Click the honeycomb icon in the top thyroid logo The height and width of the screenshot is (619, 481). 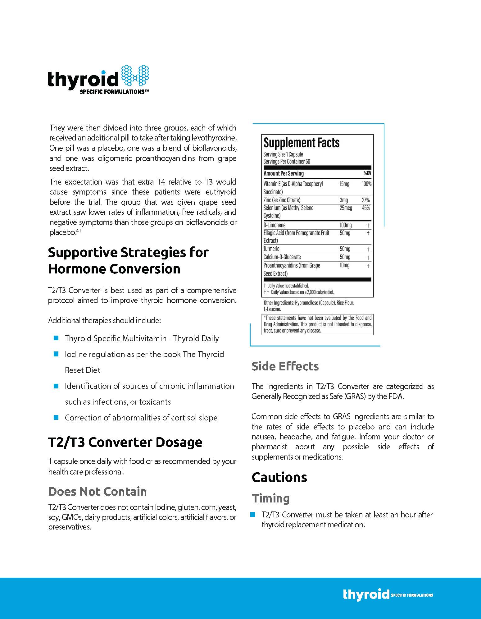click(x=135, y=75)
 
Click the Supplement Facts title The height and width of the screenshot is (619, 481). click(x=301, y=143)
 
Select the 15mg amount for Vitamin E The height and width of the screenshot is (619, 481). click(x=344, y=184)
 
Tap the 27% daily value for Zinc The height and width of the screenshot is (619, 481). click(x=366, y=200)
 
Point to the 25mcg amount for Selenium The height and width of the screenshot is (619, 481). click(x=346, y=208)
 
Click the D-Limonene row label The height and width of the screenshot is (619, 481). click(x=274, y=225)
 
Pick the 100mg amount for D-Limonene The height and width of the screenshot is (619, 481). click(x=346, y=225)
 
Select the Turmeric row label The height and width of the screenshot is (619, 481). click(x=271, y=249)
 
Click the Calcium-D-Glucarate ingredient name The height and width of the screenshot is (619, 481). click(x=282, y=257)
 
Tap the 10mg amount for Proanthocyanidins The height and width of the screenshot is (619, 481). click(x=344, y=265)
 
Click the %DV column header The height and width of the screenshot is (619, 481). click(x=367, y=173)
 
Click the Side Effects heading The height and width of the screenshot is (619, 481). click(x=285, y=366)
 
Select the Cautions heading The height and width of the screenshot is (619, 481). click(x=279, y=478)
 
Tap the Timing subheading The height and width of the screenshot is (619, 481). click(x=270, y=498)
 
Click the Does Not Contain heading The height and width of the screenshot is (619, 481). click(x=98, y=492)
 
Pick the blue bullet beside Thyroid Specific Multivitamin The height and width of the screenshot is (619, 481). click(x=56, y=338)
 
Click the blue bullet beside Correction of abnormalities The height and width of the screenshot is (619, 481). click(x=56, y=417)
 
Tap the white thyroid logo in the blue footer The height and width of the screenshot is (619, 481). click(x=366, y=594)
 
